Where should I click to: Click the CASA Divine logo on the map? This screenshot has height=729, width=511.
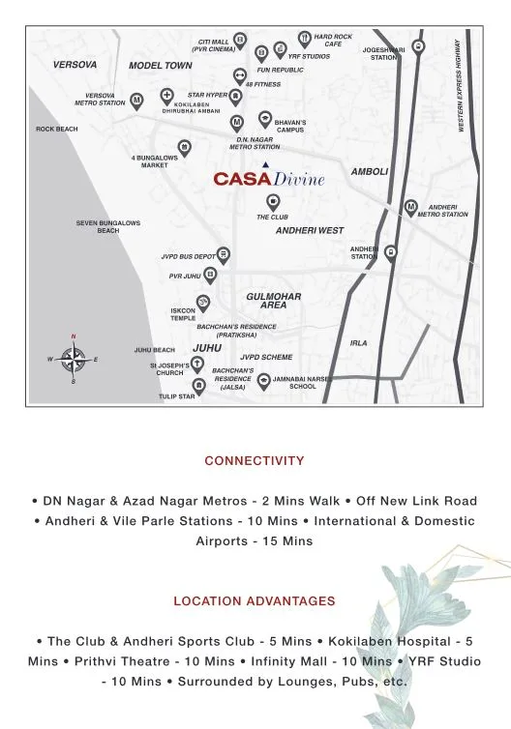pos(268,179)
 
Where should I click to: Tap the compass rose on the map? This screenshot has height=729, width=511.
pos(73,359)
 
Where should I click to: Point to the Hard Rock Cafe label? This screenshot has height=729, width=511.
pos(334,40)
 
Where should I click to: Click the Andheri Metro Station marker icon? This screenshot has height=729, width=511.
pos(411,206)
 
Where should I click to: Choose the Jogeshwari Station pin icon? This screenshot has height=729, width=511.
pos(417,45)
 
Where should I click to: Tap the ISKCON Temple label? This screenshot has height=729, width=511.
pos(183,314)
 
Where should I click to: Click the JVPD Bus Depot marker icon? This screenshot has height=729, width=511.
pos(224,255)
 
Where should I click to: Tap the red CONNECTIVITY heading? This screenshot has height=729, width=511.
pos(255,461)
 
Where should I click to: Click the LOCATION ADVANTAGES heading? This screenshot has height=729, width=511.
pos(255,600)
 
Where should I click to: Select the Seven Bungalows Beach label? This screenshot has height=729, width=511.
pos(108,227)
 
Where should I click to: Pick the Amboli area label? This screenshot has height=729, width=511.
pos(370,171)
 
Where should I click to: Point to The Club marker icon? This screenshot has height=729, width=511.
pos(274,201)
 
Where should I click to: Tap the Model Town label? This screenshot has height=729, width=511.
pos(161,66)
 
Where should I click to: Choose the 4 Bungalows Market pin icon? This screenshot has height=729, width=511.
pos(184,147)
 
